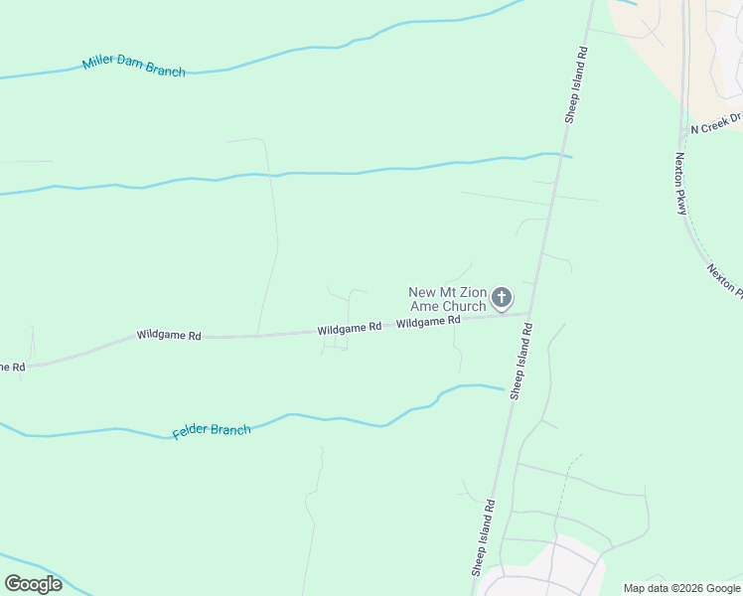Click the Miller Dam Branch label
133,66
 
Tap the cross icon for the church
503,297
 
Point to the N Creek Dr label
716,123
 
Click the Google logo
33,583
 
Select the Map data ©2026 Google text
681,588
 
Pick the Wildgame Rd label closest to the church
427,322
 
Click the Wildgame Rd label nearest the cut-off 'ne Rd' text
169,337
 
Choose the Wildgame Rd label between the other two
350,327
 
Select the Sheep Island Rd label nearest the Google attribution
484,538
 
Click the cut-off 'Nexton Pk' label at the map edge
726,280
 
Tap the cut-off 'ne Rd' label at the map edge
12,367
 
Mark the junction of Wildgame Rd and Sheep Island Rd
530,314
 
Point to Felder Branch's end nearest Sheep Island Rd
504,388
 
